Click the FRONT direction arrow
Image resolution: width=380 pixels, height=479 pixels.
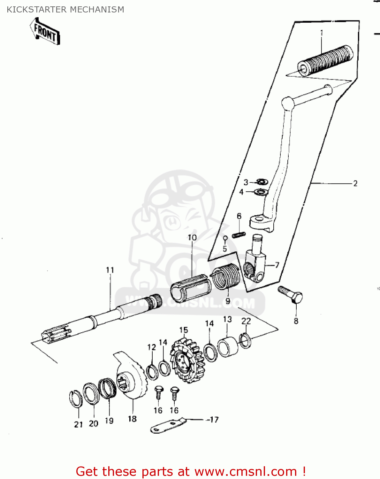(x=45, y=31)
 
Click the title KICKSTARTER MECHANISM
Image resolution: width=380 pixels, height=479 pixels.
(x=65, y=10)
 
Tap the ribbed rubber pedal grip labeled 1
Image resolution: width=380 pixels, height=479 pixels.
(x=325, y=60)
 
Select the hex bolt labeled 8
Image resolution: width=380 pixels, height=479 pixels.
(x=291, y=294)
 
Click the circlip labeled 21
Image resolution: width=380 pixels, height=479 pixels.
(x=76, y=399)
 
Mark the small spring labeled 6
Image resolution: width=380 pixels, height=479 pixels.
(x=239, y=235)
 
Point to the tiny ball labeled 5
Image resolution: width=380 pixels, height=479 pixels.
(x=225, y=238)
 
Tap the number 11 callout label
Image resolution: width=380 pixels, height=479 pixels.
(x=110, y=270)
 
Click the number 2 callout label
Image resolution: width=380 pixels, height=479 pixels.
(x=355, y=184)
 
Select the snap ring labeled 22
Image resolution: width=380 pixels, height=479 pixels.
(x=245, y=340)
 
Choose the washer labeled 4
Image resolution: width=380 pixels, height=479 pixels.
(x=261, y=193)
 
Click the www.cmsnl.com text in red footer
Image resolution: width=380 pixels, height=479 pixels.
(x=246, y=471)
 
